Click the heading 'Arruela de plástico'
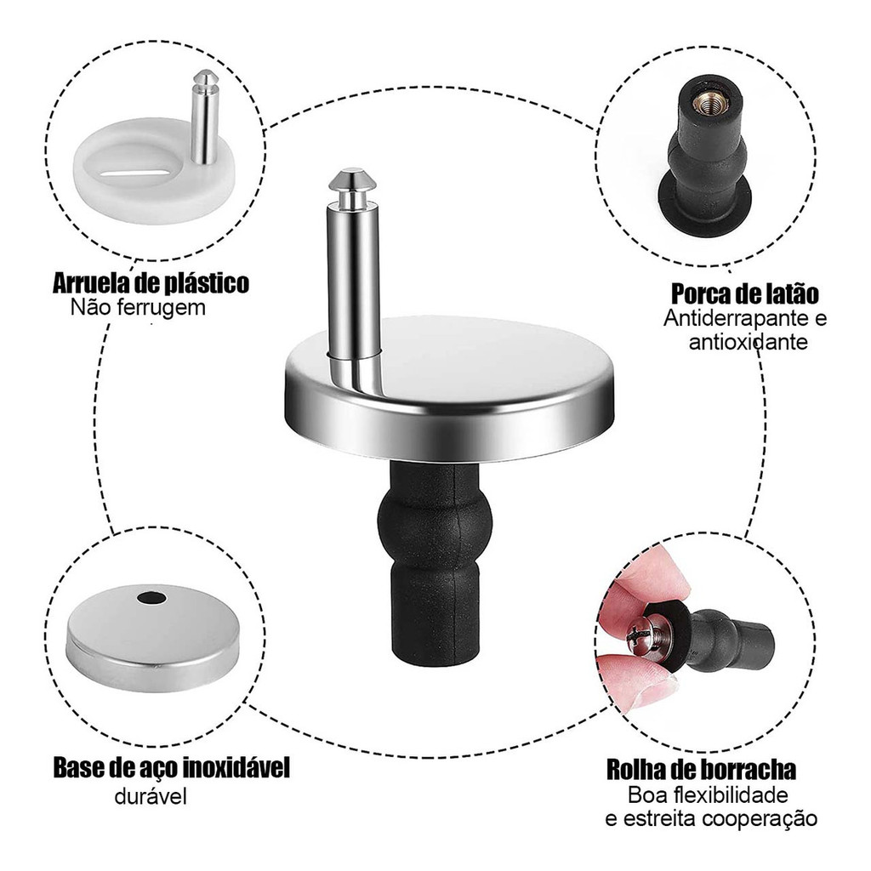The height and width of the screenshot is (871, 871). tap(151, 282)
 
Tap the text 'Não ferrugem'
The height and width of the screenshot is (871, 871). tap(138, 307)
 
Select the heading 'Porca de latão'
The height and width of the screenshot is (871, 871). tap(745, 293)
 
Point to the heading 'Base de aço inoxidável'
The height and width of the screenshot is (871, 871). tap(172, 768)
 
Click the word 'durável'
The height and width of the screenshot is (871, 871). tap(151, 796)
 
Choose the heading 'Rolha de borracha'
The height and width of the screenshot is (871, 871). tap(701, 770)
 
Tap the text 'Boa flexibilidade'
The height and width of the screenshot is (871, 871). tap(708, 795)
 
